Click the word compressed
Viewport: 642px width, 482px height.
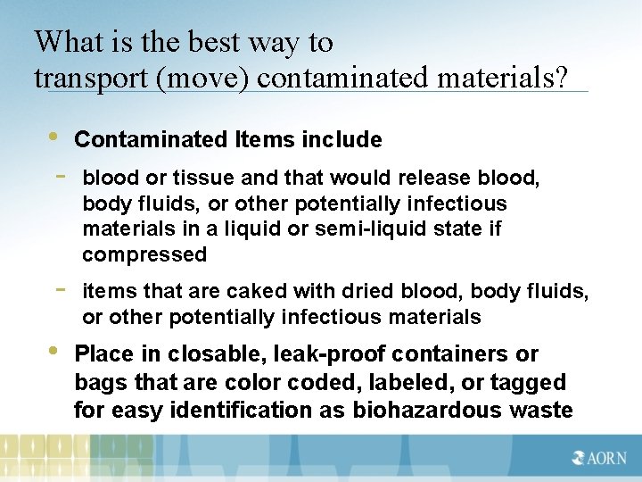[x=144, y=254]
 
